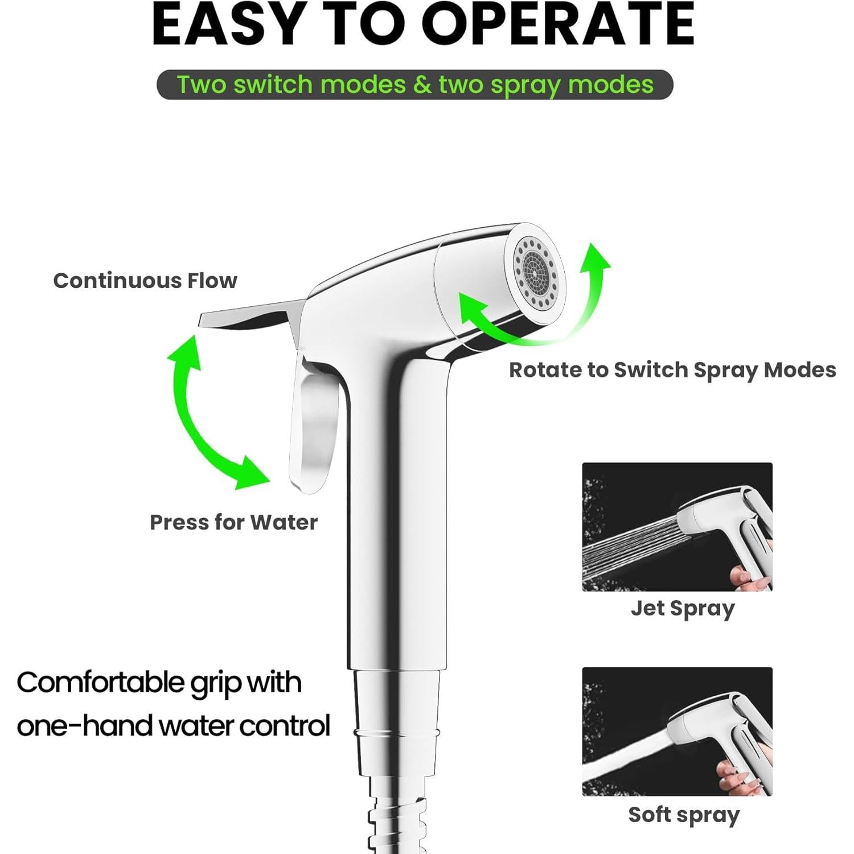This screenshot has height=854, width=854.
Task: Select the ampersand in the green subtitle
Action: [x=422, y=85]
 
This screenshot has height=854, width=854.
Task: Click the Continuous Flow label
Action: [x=145, y=281]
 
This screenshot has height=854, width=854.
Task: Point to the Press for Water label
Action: [x=233, y=522]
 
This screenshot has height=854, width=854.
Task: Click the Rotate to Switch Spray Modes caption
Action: [x=672, y=370]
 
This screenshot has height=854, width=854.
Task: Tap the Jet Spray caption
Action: [x=682, y=608]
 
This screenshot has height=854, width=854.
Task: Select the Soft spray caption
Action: [x=683, y=815]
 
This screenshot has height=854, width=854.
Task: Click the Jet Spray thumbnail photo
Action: [x=677, y=527]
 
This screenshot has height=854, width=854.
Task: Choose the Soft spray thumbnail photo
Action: [x=677, y=731]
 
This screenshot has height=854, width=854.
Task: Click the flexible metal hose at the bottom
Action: [x=393, y=814]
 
